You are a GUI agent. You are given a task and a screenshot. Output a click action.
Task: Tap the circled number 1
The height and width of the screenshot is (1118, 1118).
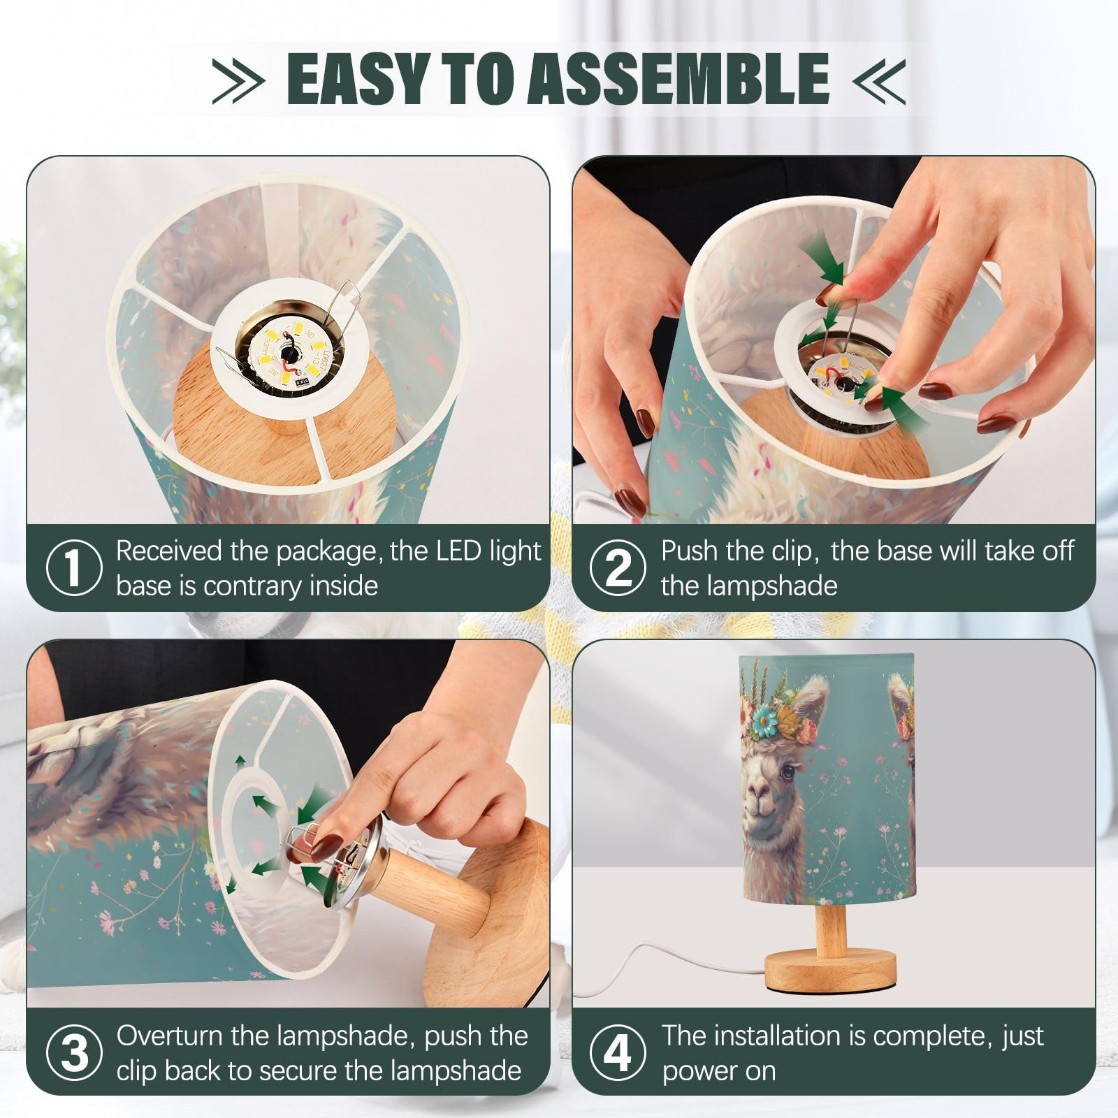click(74, 567)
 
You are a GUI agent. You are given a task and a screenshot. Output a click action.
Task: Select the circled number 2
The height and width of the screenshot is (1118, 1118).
click(618, 567)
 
